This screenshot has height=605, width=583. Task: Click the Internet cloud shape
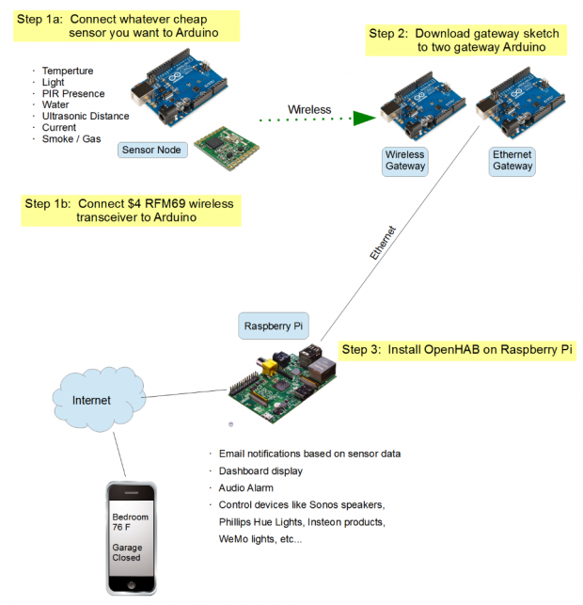90,400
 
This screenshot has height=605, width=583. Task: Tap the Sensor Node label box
151,150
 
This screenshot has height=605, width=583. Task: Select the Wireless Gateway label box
405,161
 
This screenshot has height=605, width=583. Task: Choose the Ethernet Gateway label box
512,161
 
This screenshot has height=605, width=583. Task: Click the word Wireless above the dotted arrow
309,109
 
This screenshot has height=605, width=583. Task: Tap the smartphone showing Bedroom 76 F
133,536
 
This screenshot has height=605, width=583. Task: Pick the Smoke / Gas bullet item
70,138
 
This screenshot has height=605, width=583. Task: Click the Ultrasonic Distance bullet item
86,116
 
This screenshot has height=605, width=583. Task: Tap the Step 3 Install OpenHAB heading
457,350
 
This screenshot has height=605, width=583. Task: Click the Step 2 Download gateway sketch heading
464,40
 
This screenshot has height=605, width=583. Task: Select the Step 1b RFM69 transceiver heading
130,211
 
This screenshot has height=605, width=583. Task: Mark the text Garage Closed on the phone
127,551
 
